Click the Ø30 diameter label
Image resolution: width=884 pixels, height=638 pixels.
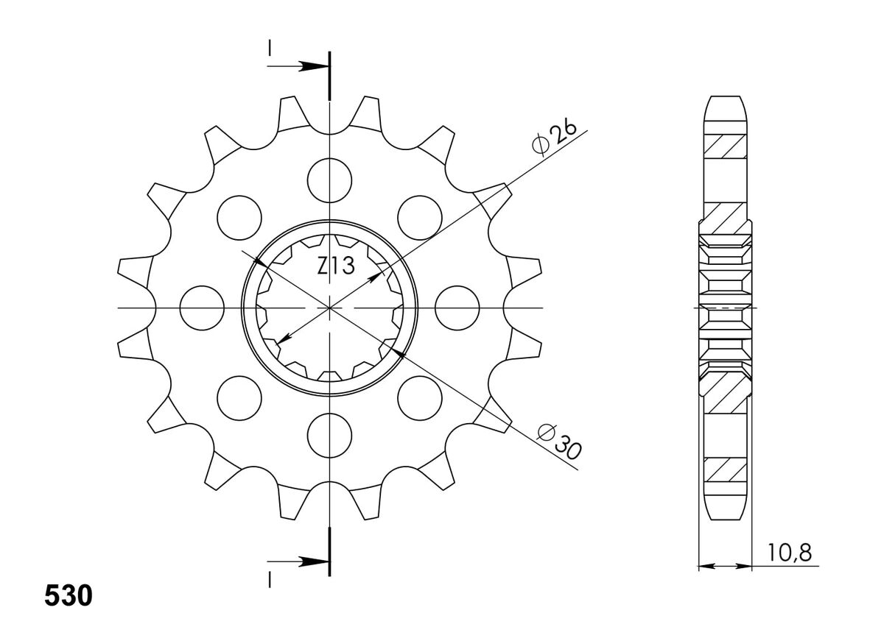click(559, 442)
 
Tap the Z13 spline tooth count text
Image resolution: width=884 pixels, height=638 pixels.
click(336, 266)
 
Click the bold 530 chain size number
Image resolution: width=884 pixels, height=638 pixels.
click(69, 595)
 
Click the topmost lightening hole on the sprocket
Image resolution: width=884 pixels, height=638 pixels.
click(329, 180)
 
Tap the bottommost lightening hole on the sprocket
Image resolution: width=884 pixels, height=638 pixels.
click(329, 436)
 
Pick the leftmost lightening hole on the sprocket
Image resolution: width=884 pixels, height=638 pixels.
click(202, 308)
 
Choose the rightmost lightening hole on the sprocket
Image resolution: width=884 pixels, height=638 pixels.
click(457, 308)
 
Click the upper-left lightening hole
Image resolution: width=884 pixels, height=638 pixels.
click(239, 218)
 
